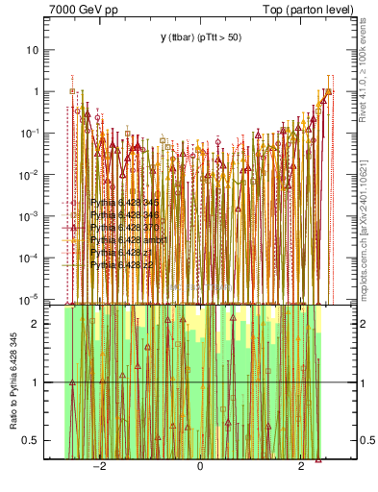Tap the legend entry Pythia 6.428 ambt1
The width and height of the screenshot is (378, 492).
pos(125,239)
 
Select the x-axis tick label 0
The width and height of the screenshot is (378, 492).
pos(200,468)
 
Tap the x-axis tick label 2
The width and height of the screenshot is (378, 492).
pos(302,468)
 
